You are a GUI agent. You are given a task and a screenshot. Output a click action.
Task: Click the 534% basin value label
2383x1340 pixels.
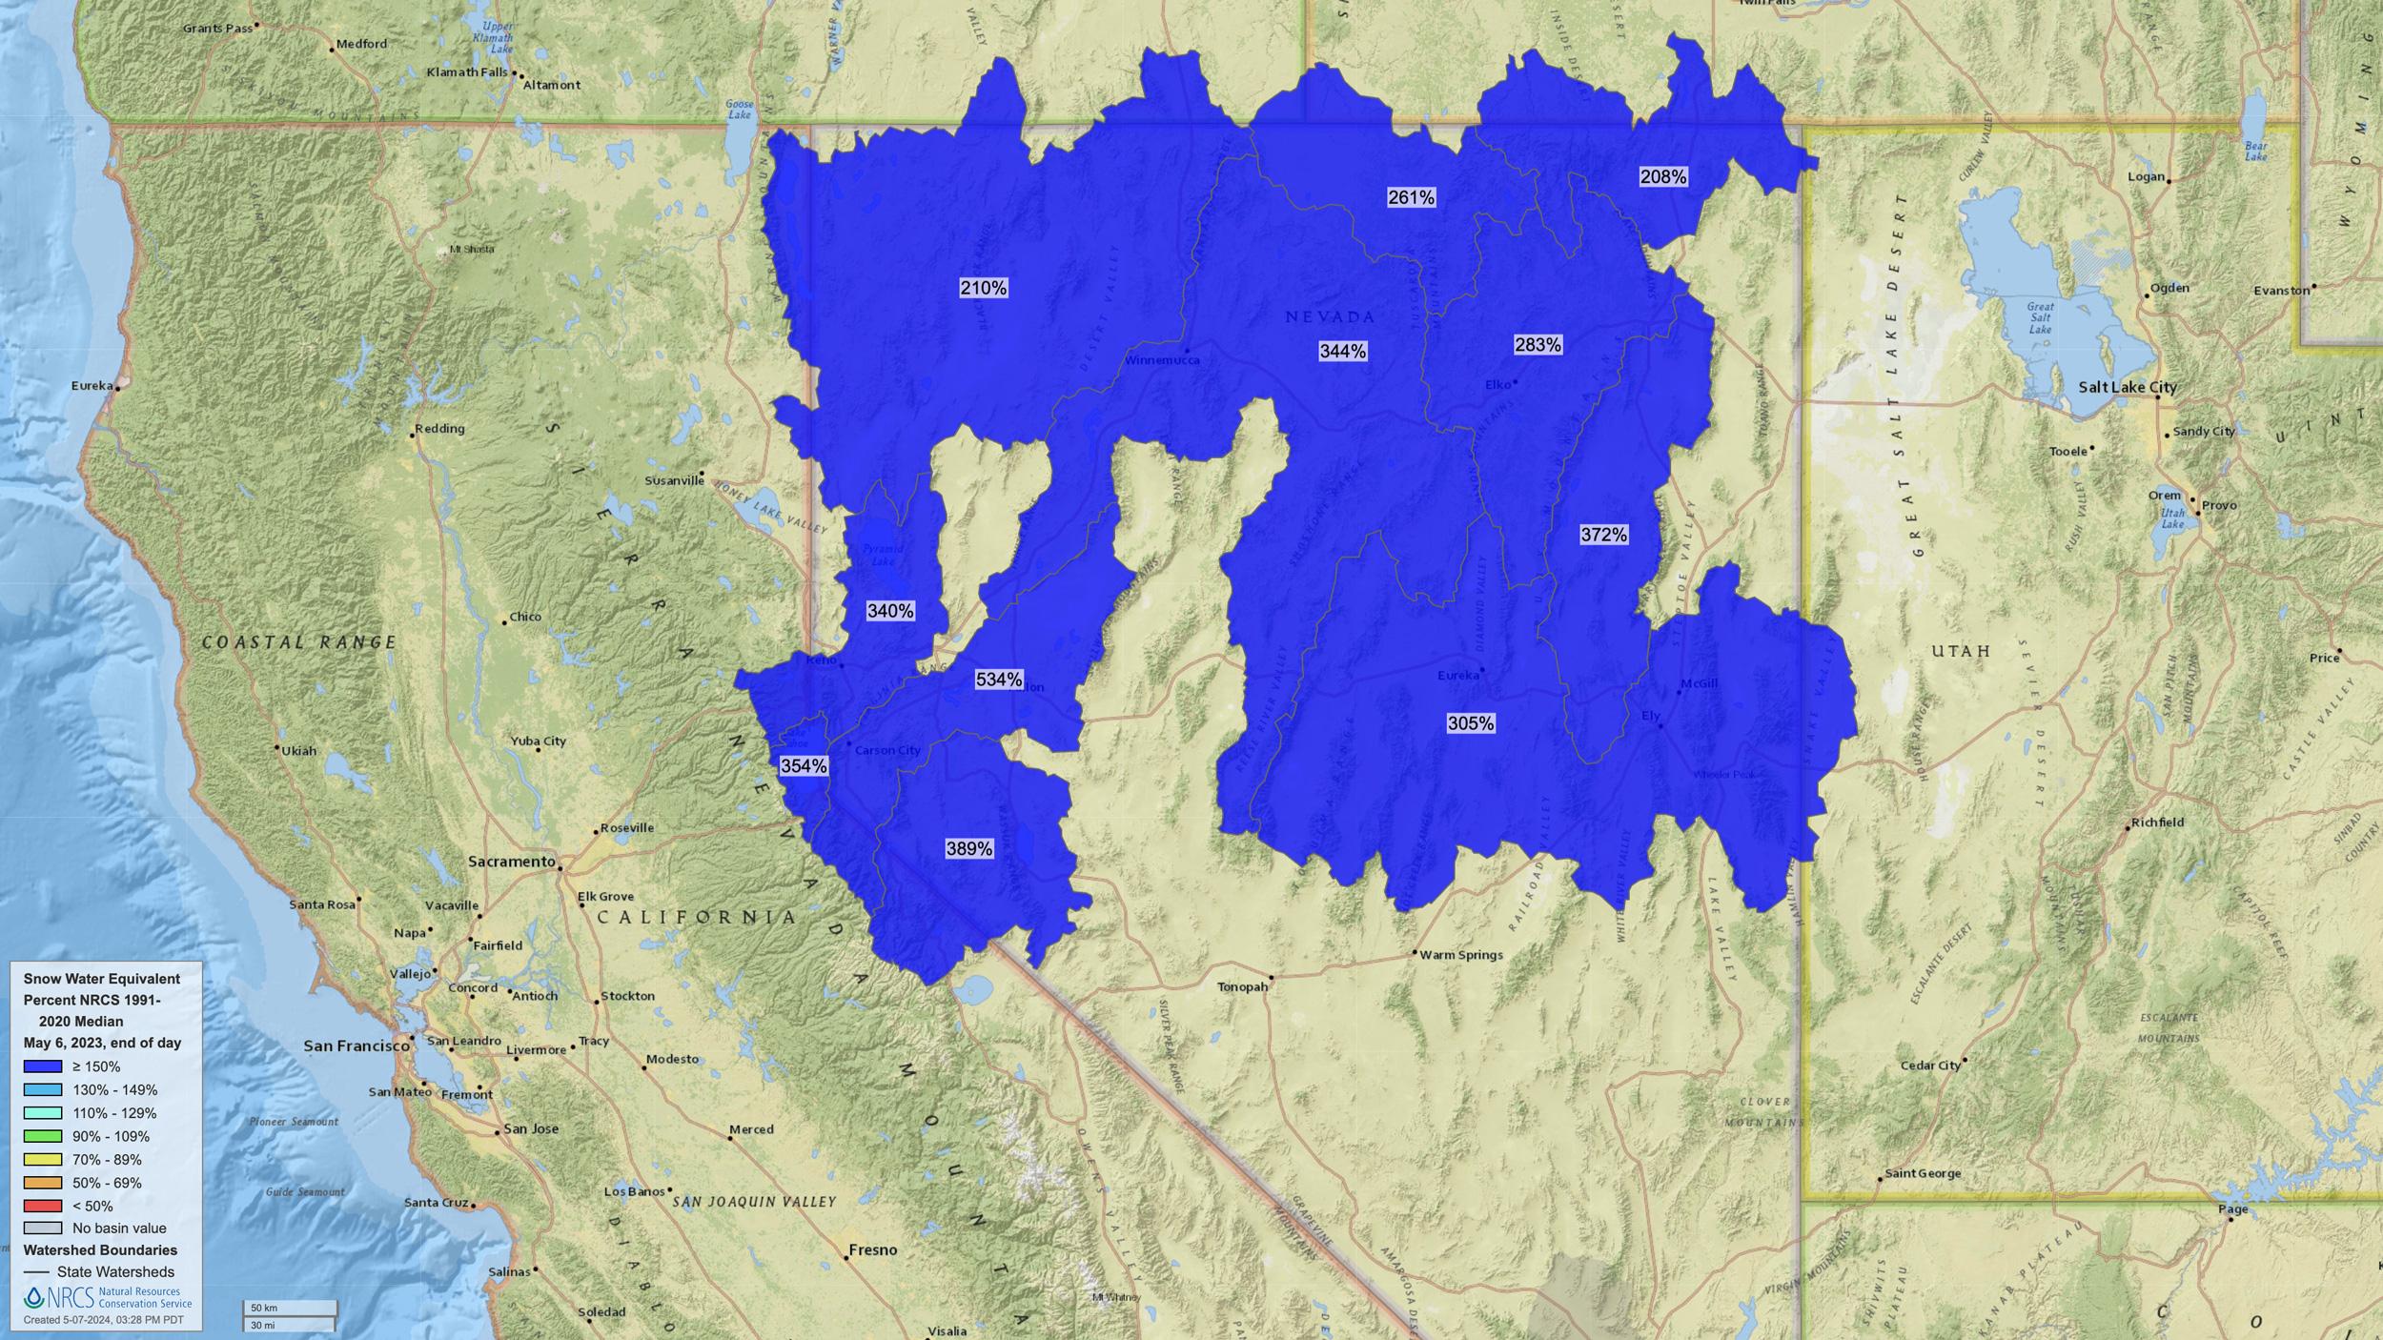998,680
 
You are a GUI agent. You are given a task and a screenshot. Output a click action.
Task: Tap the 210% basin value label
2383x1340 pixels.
983,288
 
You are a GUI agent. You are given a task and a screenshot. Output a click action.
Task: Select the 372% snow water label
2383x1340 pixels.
1603,535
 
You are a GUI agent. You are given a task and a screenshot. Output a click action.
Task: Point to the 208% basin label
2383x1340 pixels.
1662,176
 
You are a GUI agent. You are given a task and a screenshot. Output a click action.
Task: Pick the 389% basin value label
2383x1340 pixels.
968,848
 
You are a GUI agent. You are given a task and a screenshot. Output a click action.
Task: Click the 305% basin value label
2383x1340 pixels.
1470,723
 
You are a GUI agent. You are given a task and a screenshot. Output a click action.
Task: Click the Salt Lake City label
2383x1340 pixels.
2127,387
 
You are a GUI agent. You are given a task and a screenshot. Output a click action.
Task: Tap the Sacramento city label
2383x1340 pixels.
511,862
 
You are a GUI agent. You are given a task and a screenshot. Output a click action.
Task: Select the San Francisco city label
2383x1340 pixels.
356,1046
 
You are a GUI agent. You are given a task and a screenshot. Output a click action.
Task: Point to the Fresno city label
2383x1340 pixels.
872,1249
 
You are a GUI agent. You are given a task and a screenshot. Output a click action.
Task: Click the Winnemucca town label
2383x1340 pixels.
1155,360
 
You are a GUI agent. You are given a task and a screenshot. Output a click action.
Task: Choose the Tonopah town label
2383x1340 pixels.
1242,987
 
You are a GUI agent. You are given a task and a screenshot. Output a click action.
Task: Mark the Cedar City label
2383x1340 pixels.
1930,1066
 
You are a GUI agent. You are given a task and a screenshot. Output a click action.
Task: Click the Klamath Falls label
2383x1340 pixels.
467,72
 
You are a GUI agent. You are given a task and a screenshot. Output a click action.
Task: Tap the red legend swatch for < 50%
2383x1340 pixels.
43,1206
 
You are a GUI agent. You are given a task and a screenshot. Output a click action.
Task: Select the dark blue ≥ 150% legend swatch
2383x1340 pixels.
43,1066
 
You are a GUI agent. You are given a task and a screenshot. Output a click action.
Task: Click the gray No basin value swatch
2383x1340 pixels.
43,1228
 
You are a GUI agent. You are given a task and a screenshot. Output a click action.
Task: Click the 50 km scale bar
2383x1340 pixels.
290,1308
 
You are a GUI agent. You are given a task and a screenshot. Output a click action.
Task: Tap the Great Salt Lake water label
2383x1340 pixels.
2040,317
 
